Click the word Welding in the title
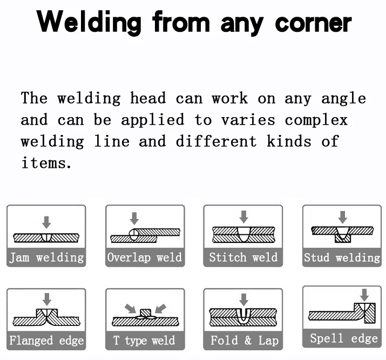90,23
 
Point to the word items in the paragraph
46,163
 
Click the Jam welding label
46,257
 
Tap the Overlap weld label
145,257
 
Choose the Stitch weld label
243,257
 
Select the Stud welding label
342,257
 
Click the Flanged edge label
46,341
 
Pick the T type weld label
145,341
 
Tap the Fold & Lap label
243,341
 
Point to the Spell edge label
342,339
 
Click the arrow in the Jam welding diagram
46,221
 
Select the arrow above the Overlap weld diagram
134,218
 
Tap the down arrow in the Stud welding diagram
342,217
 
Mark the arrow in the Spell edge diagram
364,294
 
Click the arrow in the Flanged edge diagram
47,299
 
